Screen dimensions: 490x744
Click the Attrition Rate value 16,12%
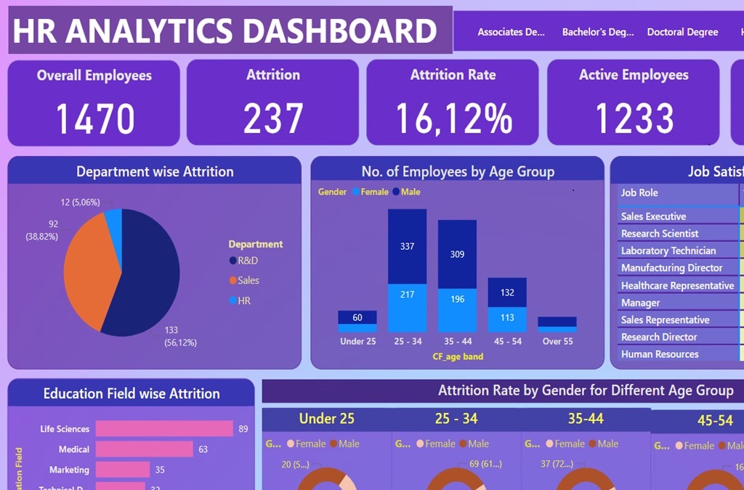453,118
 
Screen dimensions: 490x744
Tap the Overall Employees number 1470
94,118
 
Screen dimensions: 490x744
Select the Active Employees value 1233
634,118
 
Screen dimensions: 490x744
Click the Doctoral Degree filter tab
682,32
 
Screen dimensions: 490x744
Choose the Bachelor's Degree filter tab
598,32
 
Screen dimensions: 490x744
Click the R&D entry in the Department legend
248,261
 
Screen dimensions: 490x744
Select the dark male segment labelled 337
407,246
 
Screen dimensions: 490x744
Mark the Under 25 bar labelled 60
357,317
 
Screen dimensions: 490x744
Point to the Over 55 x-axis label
557,341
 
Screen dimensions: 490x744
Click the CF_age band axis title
458,356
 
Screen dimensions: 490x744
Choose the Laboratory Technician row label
668,250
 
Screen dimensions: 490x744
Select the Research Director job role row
659,337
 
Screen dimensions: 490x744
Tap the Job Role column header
639,193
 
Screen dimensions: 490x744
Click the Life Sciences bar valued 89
164,429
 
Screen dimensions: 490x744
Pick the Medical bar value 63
203,449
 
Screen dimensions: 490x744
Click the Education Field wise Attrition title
132,393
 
